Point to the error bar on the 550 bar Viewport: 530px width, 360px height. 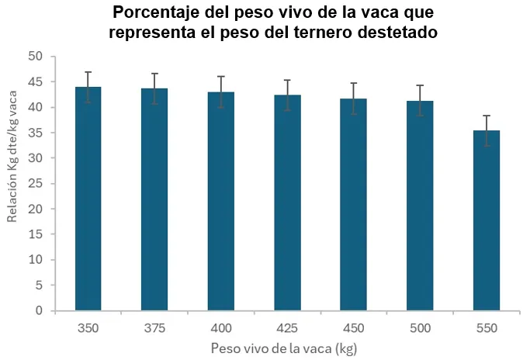[486, 130]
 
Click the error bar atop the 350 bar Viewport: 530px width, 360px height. [88, 87]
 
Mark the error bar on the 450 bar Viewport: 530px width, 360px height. [353, 99]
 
